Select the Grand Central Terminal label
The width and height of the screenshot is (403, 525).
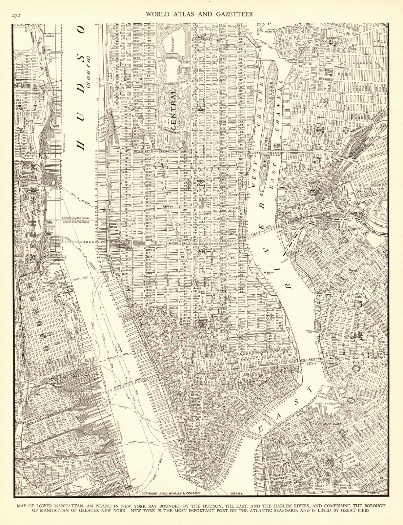point(206,205)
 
